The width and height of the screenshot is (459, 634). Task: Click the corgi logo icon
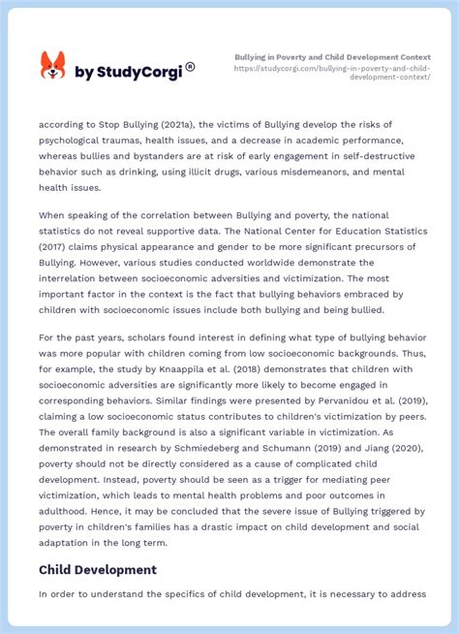coord(52,66)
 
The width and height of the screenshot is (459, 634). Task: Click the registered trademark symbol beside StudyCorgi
coord(190,66)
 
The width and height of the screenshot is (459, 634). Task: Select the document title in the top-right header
coord(332,57)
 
